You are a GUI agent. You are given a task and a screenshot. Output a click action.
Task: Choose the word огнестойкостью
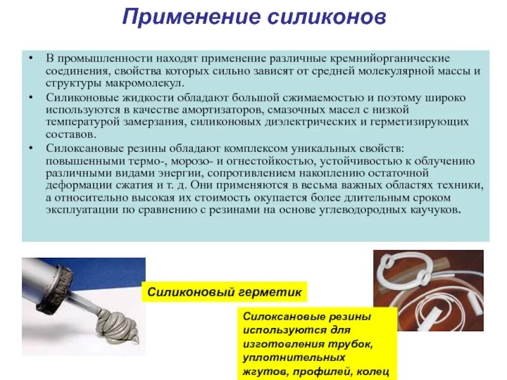click(x=273, y=160)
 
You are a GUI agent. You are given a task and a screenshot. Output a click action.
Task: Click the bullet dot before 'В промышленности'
click(x=30, y=58)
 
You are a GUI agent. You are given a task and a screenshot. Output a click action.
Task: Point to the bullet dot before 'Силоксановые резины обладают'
click(x=30, y=148)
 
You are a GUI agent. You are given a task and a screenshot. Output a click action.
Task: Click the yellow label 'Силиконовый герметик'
click(x=224, y=293)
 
